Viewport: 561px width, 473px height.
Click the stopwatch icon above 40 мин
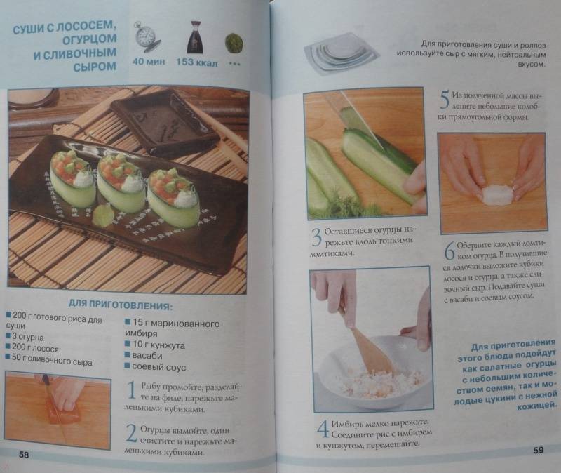pos(147,37)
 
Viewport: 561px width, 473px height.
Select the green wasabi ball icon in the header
pos(234,44)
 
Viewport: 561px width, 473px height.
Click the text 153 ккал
pos(196,62)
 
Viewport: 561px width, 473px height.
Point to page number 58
pos(24,455)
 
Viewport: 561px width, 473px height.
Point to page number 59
pos(538,450)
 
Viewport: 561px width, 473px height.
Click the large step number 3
pos(316,237)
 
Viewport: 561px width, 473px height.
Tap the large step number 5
pos(444,100)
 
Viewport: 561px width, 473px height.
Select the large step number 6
pos(450,251)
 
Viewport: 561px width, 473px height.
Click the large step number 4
pos(323,429)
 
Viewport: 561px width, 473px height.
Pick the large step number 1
pos(132,390)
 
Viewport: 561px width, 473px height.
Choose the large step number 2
pos(131,433)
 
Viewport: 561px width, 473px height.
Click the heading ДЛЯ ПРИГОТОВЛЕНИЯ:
pos(120,305)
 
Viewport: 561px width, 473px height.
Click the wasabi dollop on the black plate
pos(103,215)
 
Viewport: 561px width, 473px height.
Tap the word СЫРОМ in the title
pos(95,67)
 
